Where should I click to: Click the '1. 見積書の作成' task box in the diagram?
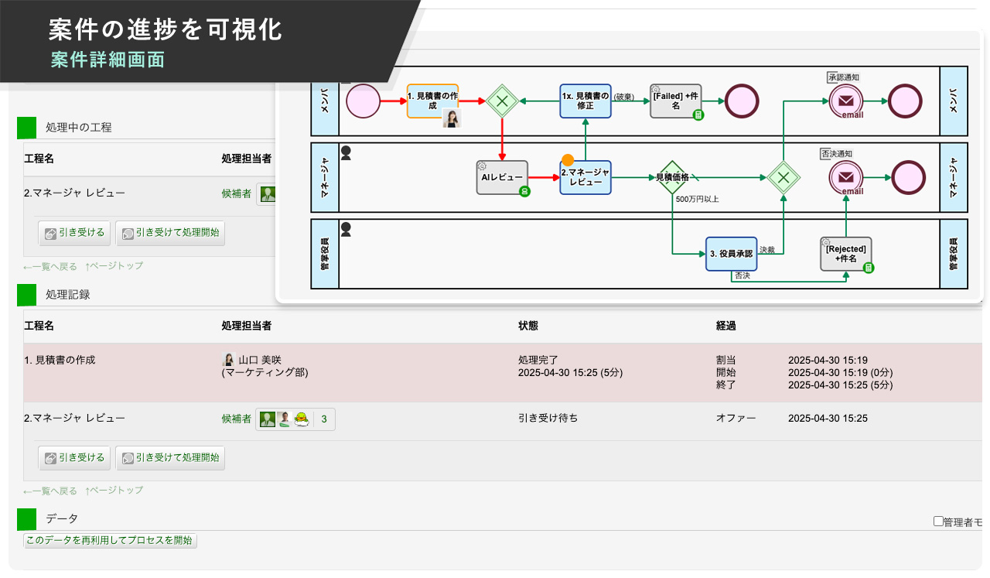click(432, 101)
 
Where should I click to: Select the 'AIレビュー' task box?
click(502, 177)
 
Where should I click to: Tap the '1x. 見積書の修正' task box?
click(585, 101)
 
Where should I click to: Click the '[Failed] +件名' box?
click(675, 101)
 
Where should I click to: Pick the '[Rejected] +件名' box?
click(845, 254)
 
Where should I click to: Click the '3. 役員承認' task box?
click(730, 254)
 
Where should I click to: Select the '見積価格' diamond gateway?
click(672, 177)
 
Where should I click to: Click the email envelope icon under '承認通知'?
click(846, 101)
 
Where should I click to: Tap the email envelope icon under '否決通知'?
click(846, 177)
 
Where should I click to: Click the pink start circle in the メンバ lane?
click(363, 101)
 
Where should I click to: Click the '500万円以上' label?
click(697, 200)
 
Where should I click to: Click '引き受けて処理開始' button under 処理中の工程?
click(170, 231)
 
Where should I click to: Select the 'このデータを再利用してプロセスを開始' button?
click(110, 540)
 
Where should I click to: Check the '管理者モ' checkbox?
click(938, 522)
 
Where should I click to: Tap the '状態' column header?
click(528, 326)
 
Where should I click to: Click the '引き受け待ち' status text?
click(548, 419)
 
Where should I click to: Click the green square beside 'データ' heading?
click(27, 518)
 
